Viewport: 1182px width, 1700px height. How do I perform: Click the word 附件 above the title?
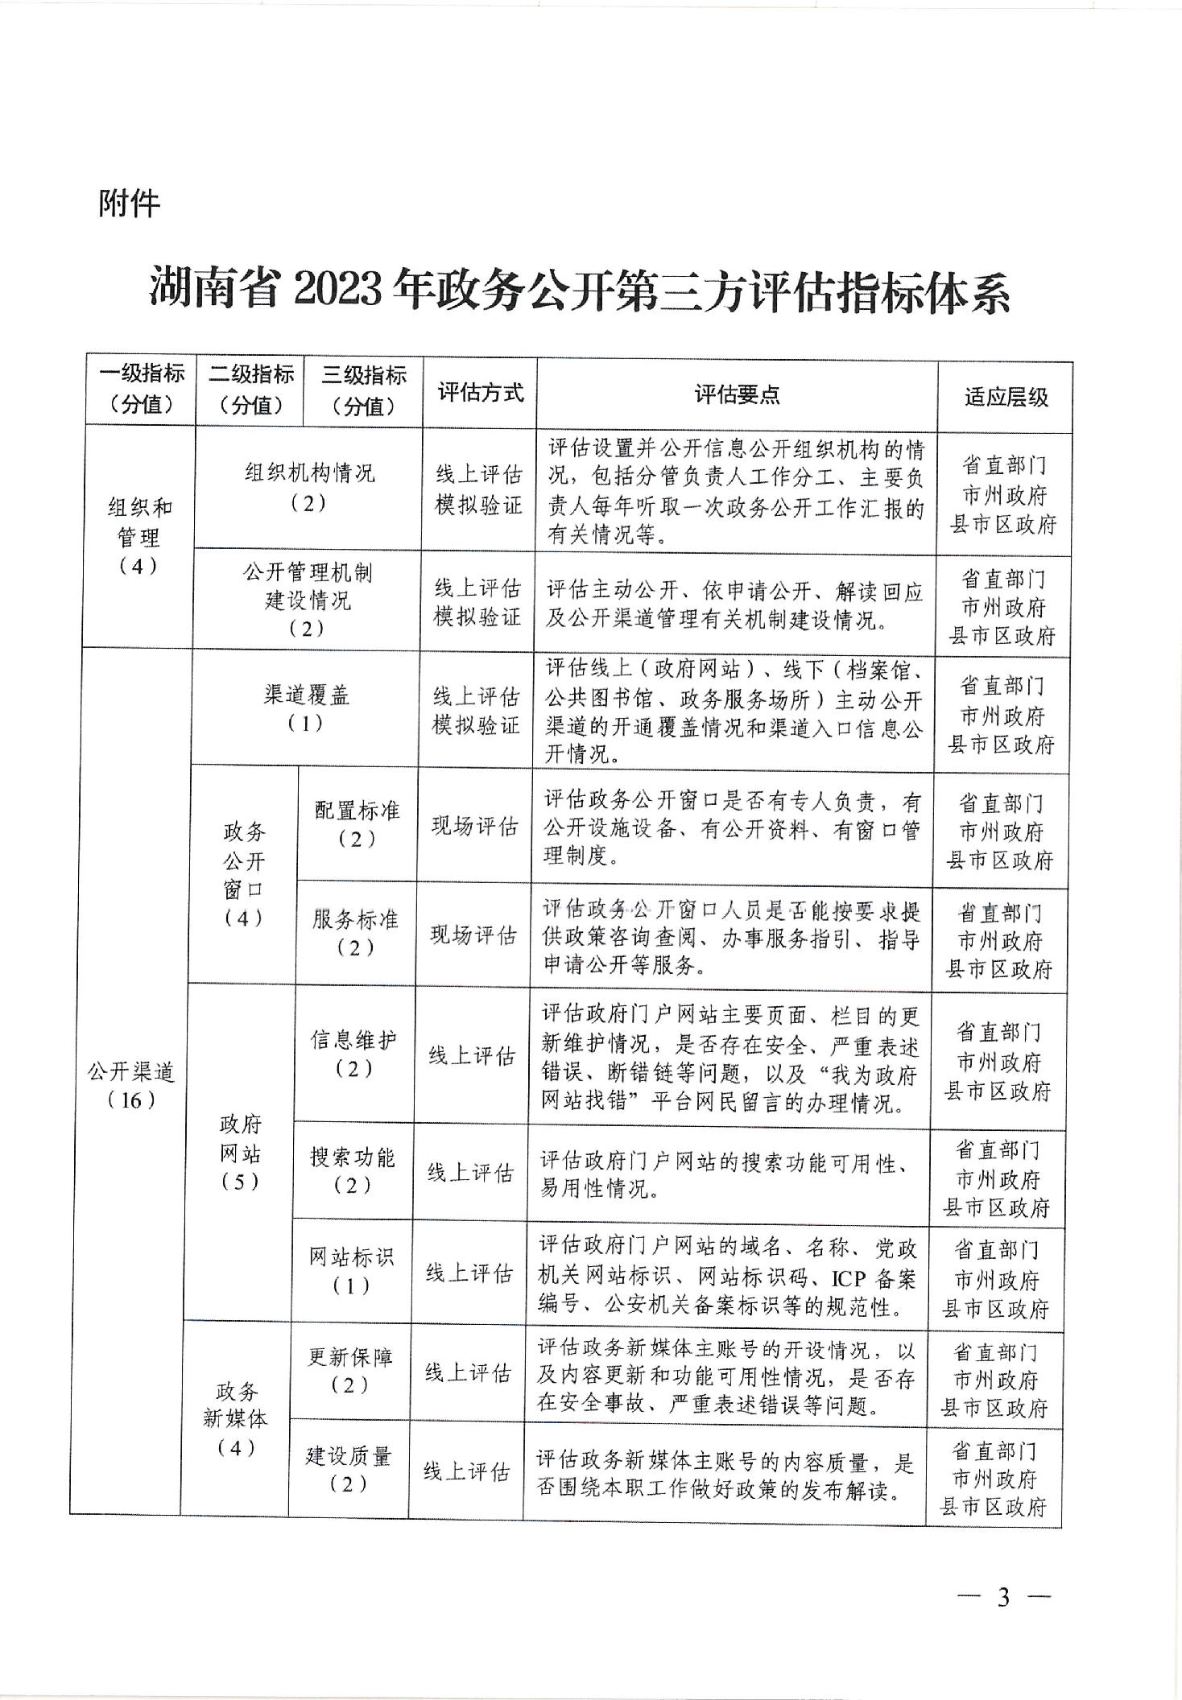coord(130,204)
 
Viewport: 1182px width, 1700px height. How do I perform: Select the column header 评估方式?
coord(480,393)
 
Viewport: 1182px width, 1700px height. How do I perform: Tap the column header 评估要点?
coord(737,394)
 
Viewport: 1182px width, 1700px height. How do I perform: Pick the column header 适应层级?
coord(1006,397)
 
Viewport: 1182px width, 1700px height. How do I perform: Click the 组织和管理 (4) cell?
coord(138,536)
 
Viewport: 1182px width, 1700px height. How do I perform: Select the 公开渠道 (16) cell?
coord(131,1085)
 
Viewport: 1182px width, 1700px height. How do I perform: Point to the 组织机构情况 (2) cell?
coord(309,488)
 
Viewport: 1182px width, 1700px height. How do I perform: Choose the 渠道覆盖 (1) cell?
coord(306,708)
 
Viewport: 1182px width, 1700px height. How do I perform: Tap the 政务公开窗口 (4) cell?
coord(244,874)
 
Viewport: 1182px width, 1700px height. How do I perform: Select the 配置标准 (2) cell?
coord(357,824)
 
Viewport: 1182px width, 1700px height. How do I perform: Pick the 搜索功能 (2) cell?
coord(353,1171)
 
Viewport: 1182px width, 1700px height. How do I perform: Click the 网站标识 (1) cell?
coord(351,1271)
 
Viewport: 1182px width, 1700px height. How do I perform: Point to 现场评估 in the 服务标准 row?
coord(473,935)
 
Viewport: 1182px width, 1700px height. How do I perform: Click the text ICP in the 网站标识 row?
coord(848,1278)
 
